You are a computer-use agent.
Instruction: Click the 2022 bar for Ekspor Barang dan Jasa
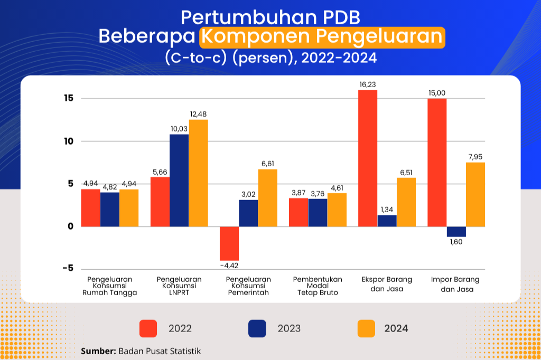pyautogui.click(x=368, y=158)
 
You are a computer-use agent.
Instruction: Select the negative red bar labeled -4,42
pyautogui.click(x=229, y=243)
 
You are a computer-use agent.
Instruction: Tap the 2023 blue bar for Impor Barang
pyautogui.click(x=456, y=232)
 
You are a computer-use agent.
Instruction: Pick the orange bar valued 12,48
pyautogui.click(x=199, y=173)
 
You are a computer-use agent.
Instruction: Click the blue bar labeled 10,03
pyautogui.click(x=179, y=181)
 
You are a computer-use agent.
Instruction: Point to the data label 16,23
pyautogui.click(x=368, y=85)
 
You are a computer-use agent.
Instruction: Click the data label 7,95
pyautogui.click(x=475, y=157)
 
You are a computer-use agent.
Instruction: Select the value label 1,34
pyautogui.click(x=387, y=210)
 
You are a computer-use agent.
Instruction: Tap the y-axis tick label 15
pyautogui.click(x=69, y=98)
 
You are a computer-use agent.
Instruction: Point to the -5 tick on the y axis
pyautogui.click(x=68, y=268)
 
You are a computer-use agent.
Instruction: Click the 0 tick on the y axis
pyautogui.click(x=71, y=226)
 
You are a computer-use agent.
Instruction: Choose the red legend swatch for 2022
pyautogui.click(x=148, y=328)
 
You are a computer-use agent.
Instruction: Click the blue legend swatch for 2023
pyautogui.click(x=257, y=328)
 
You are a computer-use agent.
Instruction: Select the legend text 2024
pyautogui.click(x=396, y=329)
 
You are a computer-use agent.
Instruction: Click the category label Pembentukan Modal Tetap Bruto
pyautogui.click(x=318, y=286)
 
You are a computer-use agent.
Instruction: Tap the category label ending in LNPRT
pyautogui.click(x=179, y=286)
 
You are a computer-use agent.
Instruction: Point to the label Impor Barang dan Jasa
pyautogui.click(x=455, y=285)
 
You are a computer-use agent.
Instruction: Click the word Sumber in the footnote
pyautogui.click(x=98, y=351)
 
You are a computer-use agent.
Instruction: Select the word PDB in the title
pyautogui.click(x=342, y=17)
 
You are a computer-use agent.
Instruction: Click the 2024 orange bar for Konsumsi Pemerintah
pyautogui.click(x=268, y=198)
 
